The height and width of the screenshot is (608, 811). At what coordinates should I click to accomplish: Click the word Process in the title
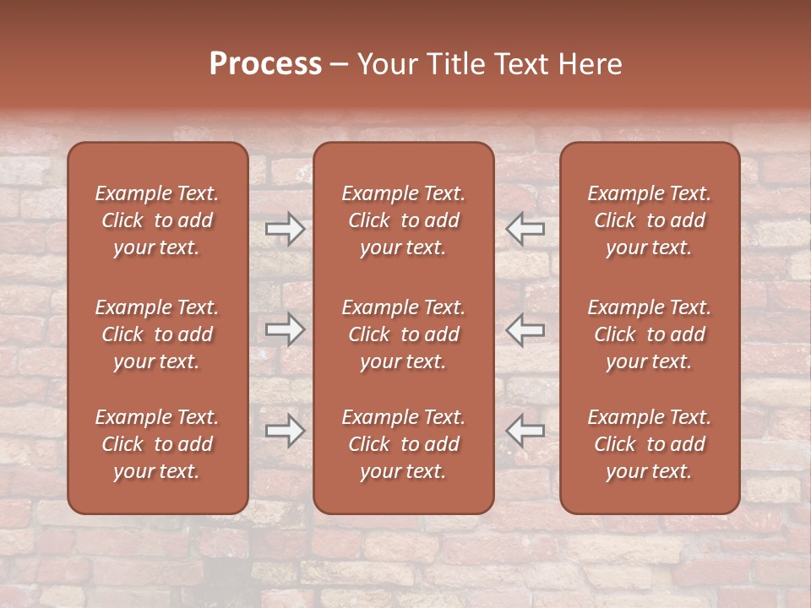265,64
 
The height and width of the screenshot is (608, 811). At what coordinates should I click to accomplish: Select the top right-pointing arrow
285,228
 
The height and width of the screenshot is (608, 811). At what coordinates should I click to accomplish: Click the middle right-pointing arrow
285,328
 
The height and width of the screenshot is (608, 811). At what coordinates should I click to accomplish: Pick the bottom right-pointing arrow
285,430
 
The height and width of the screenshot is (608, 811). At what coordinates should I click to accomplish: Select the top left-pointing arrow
525,228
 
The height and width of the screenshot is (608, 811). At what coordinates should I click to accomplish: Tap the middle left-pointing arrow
525,328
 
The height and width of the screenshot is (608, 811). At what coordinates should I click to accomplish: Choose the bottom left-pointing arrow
525,430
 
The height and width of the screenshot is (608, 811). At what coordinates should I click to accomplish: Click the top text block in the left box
157,220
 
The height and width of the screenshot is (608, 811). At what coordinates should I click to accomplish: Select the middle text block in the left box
157,334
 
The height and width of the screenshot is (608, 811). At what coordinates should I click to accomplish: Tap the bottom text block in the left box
157,444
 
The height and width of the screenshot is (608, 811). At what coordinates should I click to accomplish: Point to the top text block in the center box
404,220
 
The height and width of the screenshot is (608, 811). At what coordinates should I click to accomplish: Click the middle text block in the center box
404,334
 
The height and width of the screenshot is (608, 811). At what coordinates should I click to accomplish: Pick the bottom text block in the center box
404,444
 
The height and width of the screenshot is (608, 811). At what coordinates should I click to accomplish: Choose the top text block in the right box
650,220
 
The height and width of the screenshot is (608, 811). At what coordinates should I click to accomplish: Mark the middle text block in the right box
650,334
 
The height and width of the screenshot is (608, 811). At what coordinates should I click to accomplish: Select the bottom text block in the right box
650,444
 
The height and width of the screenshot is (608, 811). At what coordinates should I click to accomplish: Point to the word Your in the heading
384,64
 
